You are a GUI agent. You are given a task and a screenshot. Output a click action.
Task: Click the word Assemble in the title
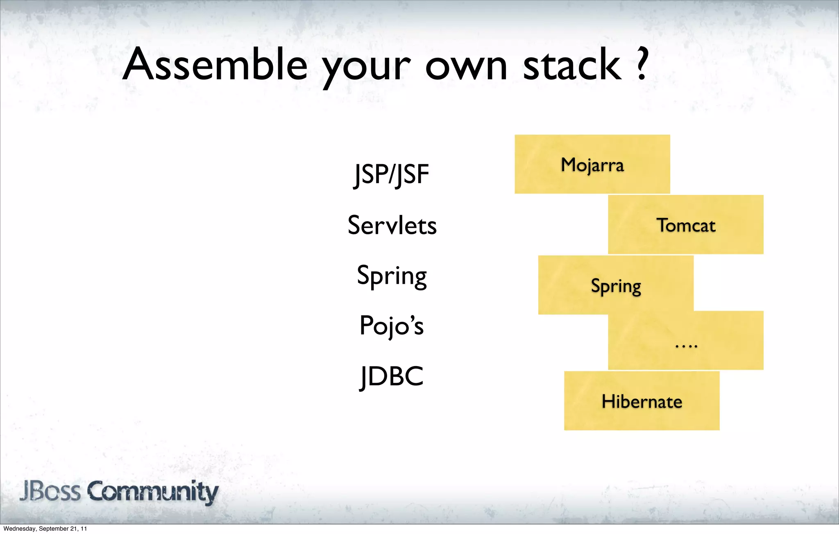click(x=215, y=65)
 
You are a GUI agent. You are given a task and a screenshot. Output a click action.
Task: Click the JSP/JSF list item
click(x=391, y=174)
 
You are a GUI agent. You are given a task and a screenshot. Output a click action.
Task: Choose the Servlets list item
click(x=392, y=225)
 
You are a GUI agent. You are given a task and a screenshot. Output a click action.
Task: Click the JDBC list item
click(x=391, y=376)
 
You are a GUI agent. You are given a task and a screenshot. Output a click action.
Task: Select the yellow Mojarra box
click(x=592, y=164)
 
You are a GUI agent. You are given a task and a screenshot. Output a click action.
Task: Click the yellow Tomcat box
click(x=686, y=225)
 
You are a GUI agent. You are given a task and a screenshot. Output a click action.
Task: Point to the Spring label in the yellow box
click(x=616, y=286)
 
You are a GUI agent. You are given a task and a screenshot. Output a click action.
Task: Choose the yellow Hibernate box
click(x=642, y=401)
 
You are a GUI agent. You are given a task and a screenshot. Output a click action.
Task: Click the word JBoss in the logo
click(x=50, y=491)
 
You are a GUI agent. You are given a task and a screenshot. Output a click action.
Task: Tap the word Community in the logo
click(x=153, y=492)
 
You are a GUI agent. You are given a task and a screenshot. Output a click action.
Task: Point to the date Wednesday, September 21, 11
click(x=45, y=529)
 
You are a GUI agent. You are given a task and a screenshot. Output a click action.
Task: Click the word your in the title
click(x=366, y=68)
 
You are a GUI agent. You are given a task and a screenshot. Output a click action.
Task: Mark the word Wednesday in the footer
click(x=20, y=529)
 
